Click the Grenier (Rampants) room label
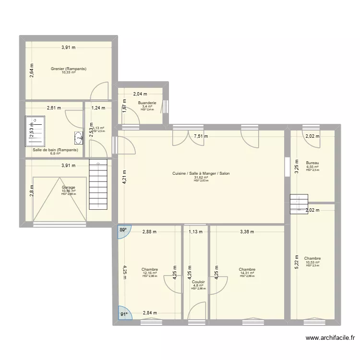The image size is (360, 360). pos(69,69)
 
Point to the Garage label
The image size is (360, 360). pos(69,187)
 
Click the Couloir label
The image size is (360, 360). pos(198,282)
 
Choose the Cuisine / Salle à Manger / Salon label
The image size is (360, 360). pos(201,173)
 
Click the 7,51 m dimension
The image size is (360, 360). pos(202,136)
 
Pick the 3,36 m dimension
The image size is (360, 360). pos(247,232)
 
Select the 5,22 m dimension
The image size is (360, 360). pos(297,262)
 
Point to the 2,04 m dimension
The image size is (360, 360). pos(140,94)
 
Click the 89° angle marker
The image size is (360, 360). pos(123,229)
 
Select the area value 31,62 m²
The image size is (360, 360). pos(201,177)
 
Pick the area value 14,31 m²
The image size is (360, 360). pos(247,273)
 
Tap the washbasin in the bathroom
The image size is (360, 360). pos(78,138)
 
